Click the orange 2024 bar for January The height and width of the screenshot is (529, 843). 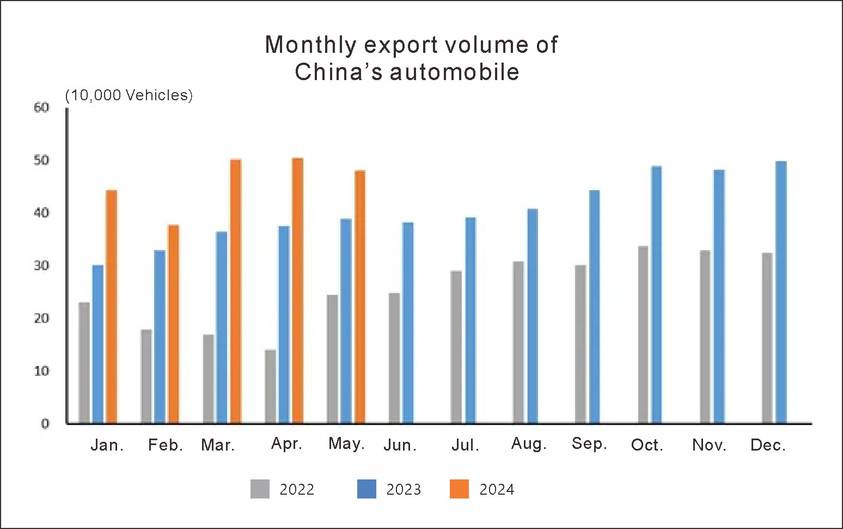pos(111,307)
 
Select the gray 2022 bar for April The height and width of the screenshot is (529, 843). pos(270,386)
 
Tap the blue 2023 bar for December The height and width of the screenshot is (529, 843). pos(781,293)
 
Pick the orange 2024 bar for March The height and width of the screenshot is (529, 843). pos(235,291)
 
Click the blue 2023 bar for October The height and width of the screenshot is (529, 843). pos(656,295)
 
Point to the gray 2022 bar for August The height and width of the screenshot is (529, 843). pos(518,342)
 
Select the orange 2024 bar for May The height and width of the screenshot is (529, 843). pos(359,297)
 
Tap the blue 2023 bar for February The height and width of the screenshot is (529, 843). pos(160,337)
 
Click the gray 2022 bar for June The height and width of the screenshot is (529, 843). pos(394,358)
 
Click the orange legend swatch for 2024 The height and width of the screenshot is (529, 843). pos(459,489)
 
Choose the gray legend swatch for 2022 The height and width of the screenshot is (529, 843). pos(260,489)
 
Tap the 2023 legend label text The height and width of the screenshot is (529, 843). pos(404,490)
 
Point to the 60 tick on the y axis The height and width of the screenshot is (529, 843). pos(41,107)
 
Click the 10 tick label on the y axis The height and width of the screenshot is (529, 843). pos(41,371)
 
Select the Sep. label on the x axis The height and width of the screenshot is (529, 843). pos(589,444)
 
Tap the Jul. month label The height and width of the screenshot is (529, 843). pos(465,445)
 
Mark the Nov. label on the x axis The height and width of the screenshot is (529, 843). pos(709,445)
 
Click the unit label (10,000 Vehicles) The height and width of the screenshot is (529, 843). pos(129,95)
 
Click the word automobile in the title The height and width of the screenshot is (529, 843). pos(454,72)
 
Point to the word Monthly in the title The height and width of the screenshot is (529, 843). pos(310,45)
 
